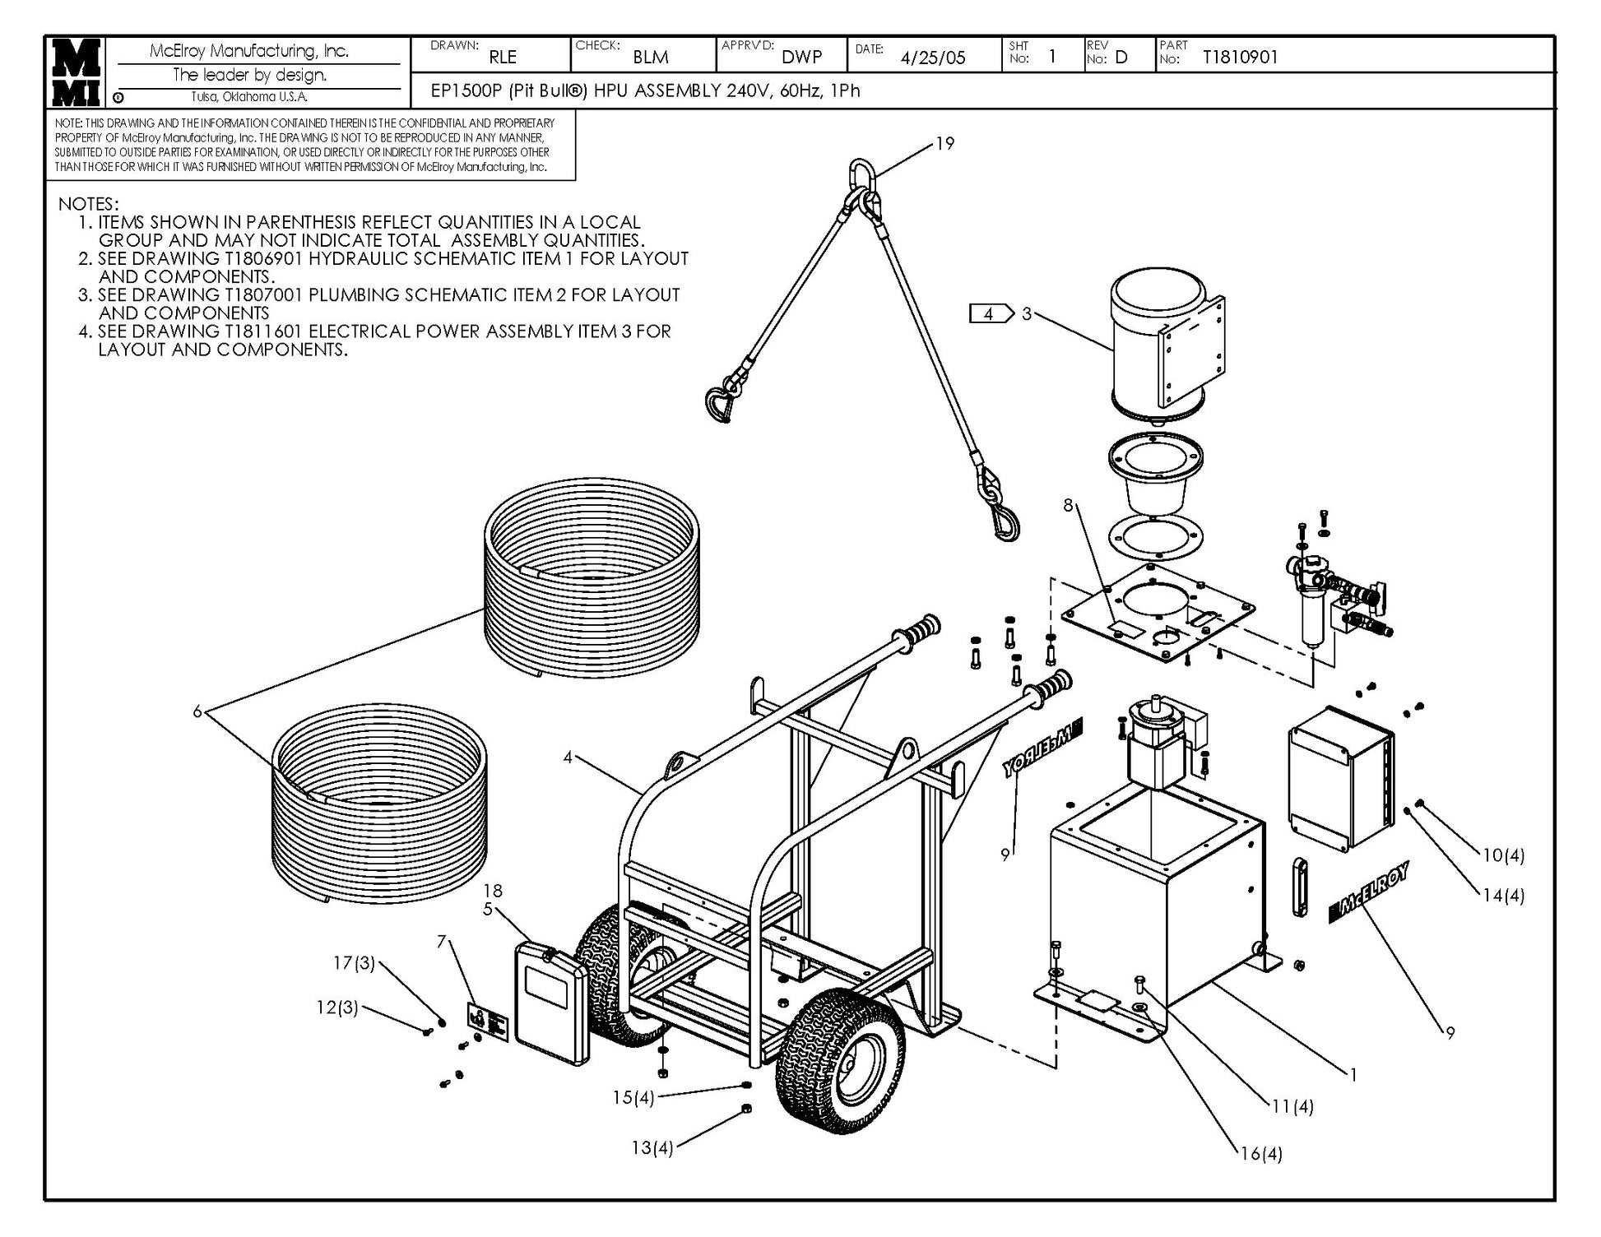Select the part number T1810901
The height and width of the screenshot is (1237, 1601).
[1240, 57]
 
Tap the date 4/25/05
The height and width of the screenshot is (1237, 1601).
[932, 58]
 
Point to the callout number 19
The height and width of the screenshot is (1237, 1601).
[944, 144]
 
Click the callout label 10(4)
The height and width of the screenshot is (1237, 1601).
[1503, 855]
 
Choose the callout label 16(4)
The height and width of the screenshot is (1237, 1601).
[1261, 1154]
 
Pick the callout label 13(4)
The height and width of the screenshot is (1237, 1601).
[652, 1147]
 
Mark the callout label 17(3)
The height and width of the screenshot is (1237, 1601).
[354, 962]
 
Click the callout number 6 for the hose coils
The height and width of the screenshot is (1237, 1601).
[197, 711]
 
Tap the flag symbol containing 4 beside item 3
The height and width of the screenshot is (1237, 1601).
[991, 314]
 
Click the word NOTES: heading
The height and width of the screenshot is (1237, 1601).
[88, 204]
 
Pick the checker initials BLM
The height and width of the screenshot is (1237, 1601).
[650, 58]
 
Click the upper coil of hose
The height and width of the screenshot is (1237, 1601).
[592, 576]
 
